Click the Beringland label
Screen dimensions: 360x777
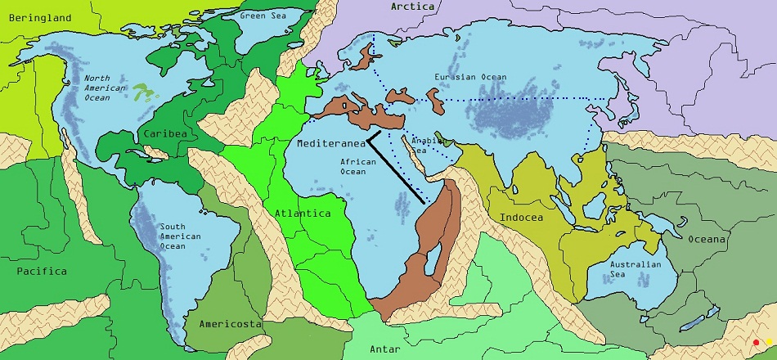[x=35, y=17]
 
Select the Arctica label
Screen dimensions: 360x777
[x=411, y=7]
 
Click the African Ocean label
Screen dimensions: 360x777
[x=358, y=167]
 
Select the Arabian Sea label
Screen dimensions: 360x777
[x=426, y=145]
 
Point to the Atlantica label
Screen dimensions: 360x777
[x=302, y=214]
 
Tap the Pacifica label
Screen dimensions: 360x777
[x=42, y=271]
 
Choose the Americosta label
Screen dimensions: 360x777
[x=230, y=325]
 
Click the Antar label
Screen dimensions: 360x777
[x=384, y=349]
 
